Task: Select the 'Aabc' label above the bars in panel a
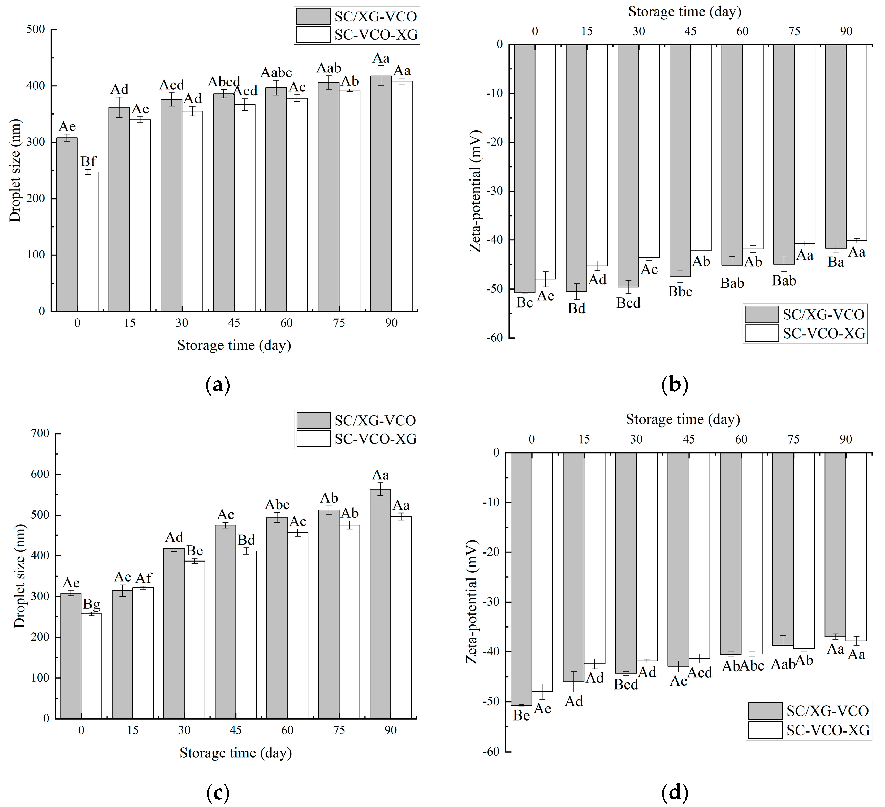coord(276,72)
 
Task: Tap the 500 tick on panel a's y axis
coord(36,29)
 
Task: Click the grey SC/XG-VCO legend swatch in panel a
coord(313,16)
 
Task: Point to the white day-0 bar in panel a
coord(88,241)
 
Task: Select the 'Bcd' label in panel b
coord(628,303)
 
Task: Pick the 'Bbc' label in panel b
coord(680,292)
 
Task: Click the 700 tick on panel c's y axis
coord(40,433)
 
